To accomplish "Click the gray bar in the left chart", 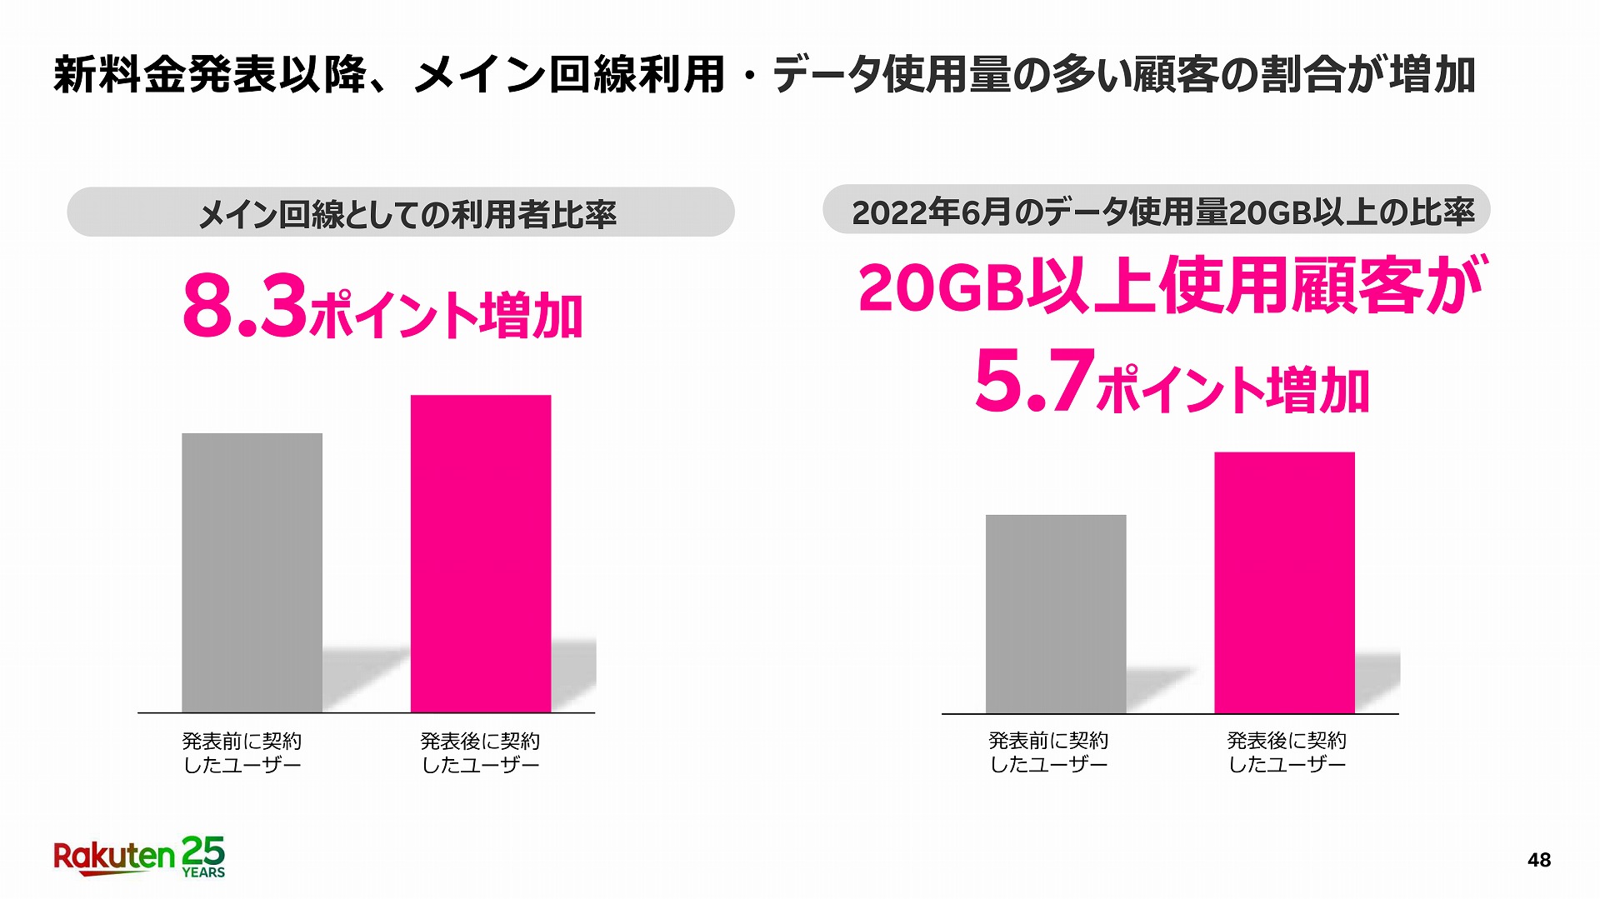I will (252, 572).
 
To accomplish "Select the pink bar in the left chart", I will (481, 553).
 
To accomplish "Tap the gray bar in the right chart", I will (1056, 613).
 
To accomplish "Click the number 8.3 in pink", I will (244, 307).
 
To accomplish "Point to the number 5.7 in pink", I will (1033, 381).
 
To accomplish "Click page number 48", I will (1538, 860).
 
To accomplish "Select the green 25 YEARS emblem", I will (203, 857).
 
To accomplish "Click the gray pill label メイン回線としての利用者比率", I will (400, 212).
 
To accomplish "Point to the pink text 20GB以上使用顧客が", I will (1170, 286).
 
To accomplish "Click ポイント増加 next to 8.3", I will (446, 317).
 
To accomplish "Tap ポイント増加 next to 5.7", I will (1233, 390).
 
